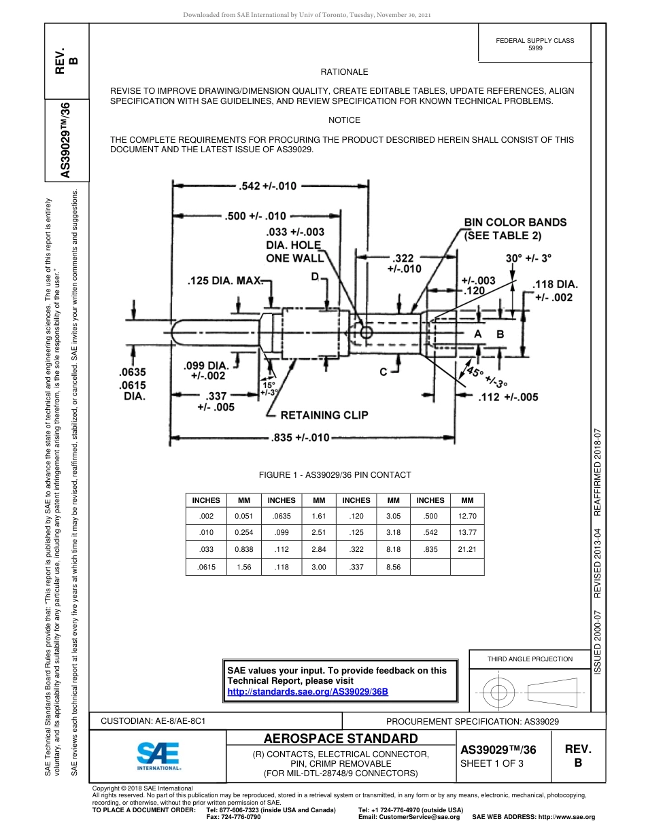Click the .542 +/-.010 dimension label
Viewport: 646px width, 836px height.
[x=268, y=186]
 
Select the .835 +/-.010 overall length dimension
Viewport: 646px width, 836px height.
[x=300, y=437]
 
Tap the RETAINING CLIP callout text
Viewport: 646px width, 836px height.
[x=324, y=415]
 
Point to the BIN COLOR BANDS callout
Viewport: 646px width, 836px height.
[x=515, y=229]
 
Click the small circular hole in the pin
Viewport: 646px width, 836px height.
[x=367, y=332]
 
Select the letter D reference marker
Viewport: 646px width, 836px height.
[x=315, y=277]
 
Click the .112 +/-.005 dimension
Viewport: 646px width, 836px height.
[x=508, y=397]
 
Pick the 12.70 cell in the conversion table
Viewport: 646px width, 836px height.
[x=467, y=516]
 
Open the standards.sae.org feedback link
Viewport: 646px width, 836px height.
[x=307, y=691]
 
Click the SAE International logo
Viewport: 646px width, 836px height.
[x=158, y=754]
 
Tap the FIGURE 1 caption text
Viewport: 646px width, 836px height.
[x=335, y=475]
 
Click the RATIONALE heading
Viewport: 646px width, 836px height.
[x=344, y=71]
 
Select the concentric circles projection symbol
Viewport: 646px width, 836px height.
[x=499, y=692]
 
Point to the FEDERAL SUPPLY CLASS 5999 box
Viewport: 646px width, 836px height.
[x=534, y=44]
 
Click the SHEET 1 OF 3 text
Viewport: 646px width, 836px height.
[x=492, y=763]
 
